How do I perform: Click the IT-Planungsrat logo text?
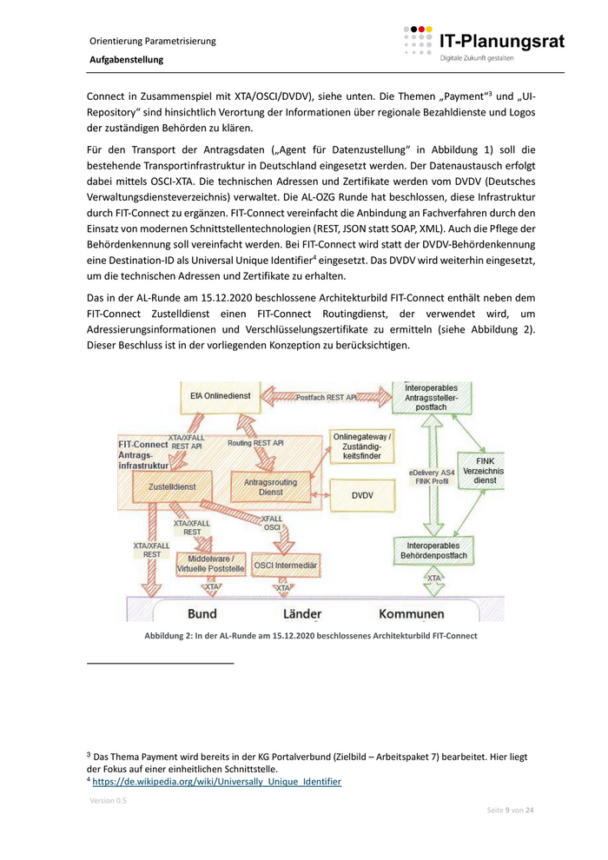(501, 41)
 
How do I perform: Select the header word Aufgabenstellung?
(126, 60)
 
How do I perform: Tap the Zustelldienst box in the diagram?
(172, 487)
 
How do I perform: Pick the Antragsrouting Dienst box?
(270, 486)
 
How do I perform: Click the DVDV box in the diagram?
(362, 495)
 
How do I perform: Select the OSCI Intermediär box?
(285, 566)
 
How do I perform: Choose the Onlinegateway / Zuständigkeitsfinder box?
(362, 447)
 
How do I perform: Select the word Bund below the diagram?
(202, 613)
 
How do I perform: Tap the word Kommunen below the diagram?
(411, 613)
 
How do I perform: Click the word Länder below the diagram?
(301, 613)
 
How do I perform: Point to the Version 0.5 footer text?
(108, 800)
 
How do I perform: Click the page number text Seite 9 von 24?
(510, 810)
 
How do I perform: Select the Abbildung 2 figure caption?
(311, 636)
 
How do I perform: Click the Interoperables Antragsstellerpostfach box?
(432, 395)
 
